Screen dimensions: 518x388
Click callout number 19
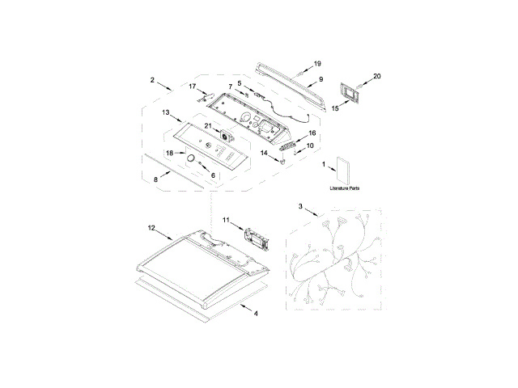tap(317, 64)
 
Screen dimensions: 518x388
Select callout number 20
tap(376, 77)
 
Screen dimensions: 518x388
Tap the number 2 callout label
tap(152, 79)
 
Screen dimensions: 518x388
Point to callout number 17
tap(193, 86)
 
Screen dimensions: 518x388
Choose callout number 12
tap(151, 229)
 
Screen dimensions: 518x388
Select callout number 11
tap(227, 219)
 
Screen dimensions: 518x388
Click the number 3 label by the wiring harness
tap(301, 208)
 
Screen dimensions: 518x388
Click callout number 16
tap(312, 133)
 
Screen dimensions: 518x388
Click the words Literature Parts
tap(345, 188)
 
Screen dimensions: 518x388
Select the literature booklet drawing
tap(341, 168)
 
